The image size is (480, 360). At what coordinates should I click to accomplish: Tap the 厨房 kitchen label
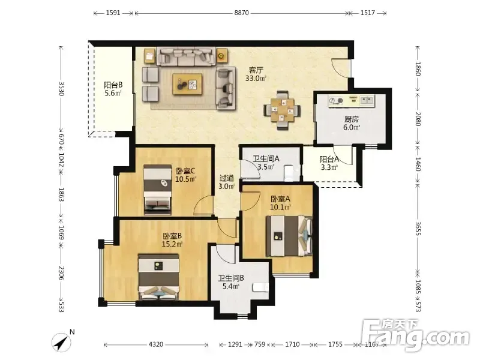point(352,119)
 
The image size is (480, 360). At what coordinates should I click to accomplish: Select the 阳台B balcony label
point(113,85)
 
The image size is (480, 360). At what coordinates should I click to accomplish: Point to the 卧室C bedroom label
point(185,171)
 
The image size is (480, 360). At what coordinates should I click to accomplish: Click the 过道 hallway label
point(227,178)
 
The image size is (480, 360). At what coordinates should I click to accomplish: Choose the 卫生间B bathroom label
point(231,278)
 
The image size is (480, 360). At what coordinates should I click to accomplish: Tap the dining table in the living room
point(282,110)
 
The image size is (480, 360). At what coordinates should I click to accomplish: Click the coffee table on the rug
point(187,84)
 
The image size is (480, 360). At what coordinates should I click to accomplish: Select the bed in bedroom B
point(158,277)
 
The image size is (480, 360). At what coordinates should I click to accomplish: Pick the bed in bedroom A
point(289,236)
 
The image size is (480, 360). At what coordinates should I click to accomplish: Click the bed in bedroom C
point(158,190)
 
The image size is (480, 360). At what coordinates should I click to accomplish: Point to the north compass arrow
point(62,342)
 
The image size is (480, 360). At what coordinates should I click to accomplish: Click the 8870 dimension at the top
point(242,13)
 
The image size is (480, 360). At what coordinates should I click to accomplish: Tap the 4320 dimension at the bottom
point(156,344)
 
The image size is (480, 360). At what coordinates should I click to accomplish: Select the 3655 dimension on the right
point(418,229)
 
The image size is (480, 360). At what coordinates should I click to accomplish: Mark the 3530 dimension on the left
point(61,89)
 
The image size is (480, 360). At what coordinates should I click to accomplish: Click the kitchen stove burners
point(336,100)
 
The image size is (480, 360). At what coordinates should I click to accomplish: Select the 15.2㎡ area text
point(172,244)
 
